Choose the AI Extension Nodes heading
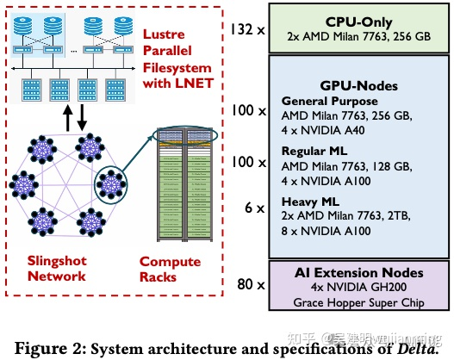pos(358,274)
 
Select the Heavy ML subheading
pos(312,202)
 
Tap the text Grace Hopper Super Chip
pos(359,302)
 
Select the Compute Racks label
pos(171,269)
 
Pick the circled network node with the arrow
pos(110,183)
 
